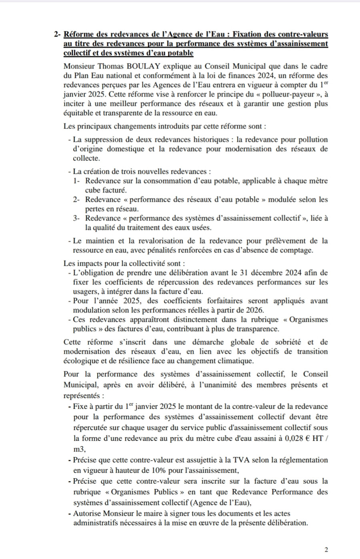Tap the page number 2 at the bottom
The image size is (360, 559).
[x=326, y=550]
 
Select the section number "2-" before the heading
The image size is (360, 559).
[x=57, y=34]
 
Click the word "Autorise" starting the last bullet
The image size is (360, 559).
[x=87, y=513]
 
